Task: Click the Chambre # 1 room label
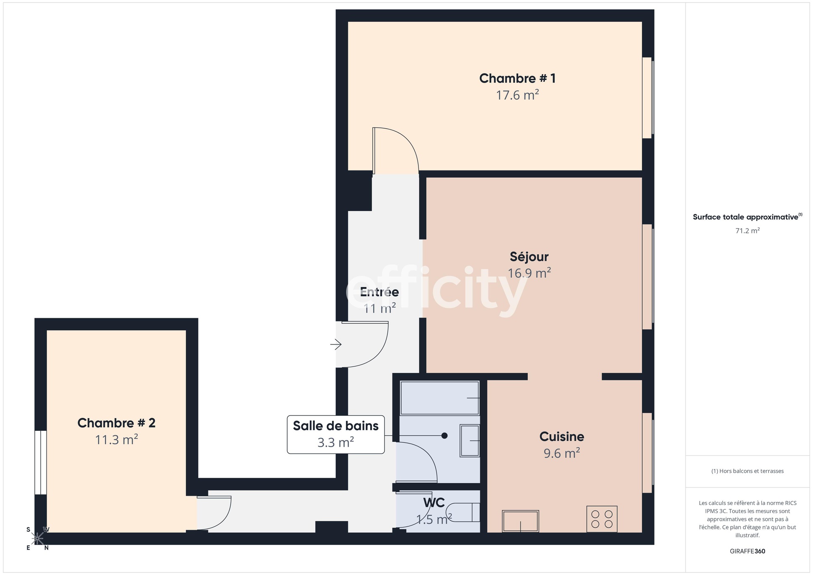pyautogui.click(x=517, y=78)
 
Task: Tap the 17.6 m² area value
pyautogui.click(x=517, y=96)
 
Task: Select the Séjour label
pyautogui.click(x=529, y=256)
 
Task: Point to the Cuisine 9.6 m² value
pyautogui.click(x=561, y=453)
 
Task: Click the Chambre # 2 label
pyautogui.click(x=116, y=423)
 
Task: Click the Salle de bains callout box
pyautogui.click(x=335, y=434)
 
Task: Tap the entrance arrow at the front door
pyautogui.click(x=336, y=344)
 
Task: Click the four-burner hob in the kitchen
pyautogui.click(x=602, y=519)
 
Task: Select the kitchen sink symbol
pyautogui.click(x=520, y=521)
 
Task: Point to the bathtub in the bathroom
pyautogui.click(x=439, y=398)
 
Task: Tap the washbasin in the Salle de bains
pyautogui.click(x=470, y=440)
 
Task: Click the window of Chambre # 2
pyautogui.click(x=40, y=462)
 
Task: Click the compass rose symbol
pyautogui.click(x=37, y=539)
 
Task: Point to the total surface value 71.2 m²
pyautogui.click(x=747, y=231)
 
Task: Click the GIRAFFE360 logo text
pyautogui.click(x=747, y=551)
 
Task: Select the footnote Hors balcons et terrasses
pyautogui.click(x=747, y=471)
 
